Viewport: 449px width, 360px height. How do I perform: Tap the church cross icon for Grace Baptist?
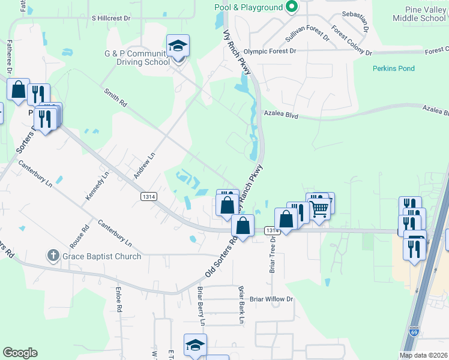click(x=53, y=256)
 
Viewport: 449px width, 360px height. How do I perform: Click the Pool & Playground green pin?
click(x=292, y=7)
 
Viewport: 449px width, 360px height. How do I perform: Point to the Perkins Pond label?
click(x=393, y=68)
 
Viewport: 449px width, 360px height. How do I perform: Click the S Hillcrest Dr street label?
click(x=111, y=18)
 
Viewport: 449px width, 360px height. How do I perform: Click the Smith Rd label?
click(x=116, y=98)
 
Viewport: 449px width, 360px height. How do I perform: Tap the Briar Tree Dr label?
click(x=273, y=253)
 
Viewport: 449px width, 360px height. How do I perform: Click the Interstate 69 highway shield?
click(x=414, y=331)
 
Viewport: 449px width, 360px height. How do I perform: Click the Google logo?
click(x=20, y=353)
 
